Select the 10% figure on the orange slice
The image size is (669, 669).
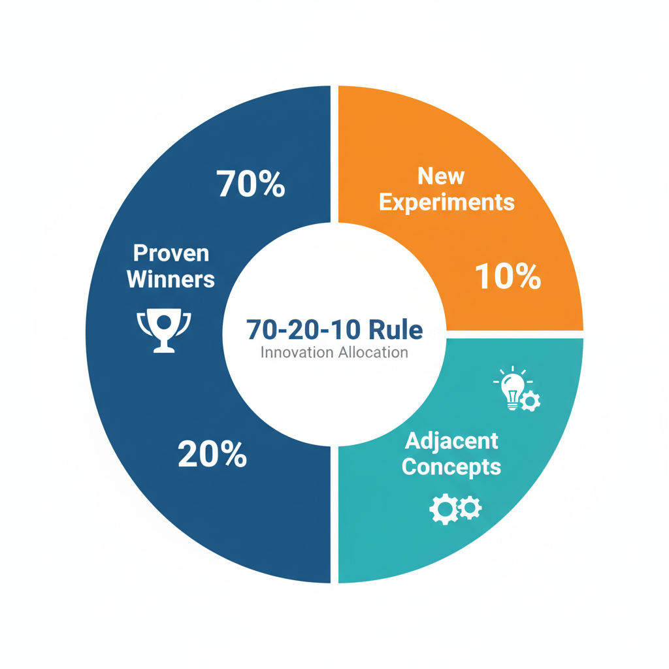(x=508, y=277)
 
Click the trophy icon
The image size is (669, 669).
(x=163, y=331)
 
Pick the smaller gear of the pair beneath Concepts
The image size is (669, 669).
(x=470, y=508)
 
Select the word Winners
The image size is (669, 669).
(x=171, y=279)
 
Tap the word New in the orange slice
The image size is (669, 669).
(x=441, y=176)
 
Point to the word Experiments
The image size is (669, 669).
(x=447, y=202)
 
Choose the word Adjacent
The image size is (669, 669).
(x=451, y=441)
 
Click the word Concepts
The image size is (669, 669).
(x=451, y=467)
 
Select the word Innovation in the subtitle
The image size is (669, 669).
(x=297, y=353)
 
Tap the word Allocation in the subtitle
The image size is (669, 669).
(x=372, y=353)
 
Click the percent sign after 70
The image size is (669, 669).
(x=270, y=184)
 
